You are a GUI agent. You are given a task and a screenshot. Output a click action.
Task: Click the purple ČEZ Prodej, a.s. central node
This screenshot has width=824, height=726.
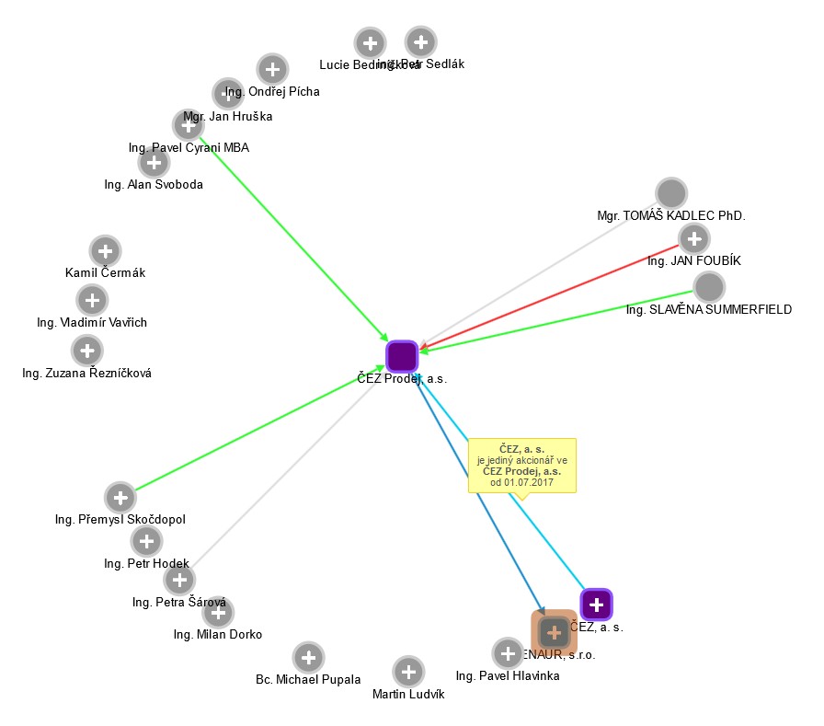pyautogui.click(x=402, y=356)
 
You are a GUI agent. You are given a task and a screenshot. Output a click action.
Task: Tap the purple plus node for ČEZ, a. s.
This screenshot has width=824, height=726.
pyautogui.click(x=596, y=605)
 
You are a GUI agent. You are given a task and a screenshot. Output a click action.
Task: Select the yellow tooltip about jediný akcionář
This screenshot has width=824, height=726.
pyautogui.click(x=521, y=466)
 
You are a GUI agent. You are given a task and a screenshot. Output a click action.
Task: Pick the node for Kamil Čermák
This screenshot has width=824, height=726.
pyautogui.click(x=105, y=250)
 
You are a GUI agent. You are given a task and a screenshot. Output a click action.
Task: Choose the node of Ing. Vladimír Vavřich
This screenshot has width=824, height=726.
pyautogui.click(x=91, y=299)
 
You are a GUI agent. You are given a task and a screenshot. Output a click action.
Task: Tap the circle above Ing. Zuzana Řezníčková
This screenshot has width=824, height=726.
pyautogui.click(x=86, y=350)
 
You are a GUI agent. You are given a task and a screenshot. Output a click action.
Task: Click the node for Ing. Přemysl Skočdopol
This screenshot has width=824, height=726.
pyautogui.click(x=120, y=497)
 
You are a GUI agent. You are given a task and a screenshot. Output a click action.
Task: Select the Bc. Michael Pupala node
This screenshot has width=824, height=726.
pyautogui.click(x=308, y=657)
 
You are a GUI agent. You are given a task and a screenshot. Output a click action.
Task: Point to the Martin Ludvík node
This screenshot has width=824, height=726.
pyautogui.click(x=408, y=672)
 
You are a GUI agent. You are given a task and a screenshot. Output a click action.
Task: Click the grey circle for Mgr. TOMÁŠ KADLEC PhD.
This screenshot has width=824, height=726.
pyautogui.click(x=671, y=193)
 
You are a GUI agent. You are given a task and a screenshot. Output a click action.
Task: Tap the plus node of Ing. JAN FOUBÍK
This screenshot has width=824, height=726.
pyautogui.click(x=692, y=239)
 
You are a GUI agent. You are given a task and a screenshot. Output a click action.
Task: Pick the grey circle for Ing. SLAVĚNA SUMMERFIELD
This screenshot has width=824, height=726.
pyautogui.click(x=708, y=287)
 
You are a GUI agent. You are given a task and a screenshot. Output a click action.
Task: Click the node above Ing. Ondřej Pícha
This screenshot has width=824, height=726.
pyautogui.click(x=271, y=69)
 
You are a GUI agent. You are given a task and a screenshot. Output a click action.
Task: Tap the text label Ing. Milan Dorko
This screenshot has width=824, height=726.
pyautogui.click(x=218, y=635)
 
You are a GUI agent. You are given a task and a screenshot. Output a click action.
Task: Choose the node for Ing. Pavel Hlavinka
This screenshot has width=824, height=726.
pyautogui.click(x=507, y=653)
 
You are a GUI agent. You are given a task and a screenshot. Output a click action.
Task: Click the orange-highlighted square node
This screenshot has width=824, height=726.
pyautogui.click(x=554, y=632)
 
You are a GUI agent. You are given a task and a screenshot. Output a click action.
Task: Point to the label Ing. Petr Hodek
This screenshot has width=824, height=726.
pyautogui.click(x=147, y=563)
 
